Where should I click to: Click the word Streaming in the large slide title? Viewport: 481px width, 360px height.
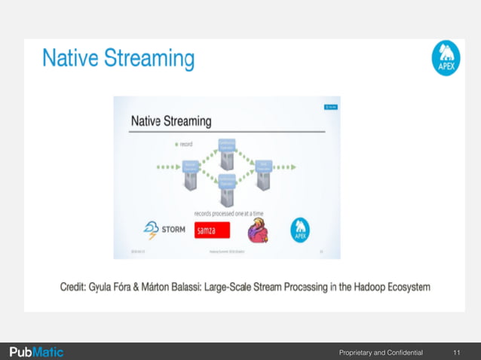[x=149, y=59]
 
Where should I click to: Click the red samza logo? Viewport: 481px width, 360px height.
[x=212, y=230]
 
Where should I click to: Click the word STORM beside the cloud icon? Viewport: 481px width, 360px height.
[x=176, y=230]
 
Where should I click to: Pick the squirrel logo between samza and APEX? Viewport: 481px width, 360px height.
[x=258, y=231]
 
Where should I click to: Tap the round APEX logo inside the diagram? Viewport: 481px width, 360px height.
[x=300, y=230]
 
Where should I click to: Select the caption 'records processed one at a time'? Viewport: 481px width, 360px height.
[x=228, y=213]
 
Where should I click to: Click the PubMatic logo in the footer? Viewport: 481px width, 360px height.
[x=35, y=351]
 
